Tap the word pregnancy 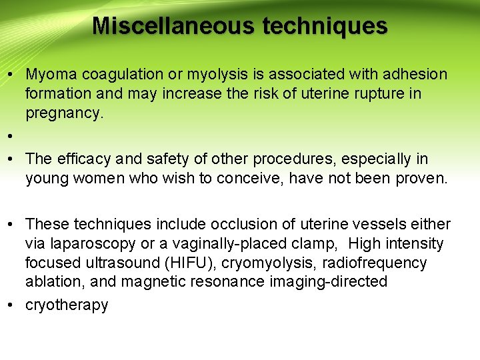pos(64,113)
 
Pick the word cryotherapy pos(67,305)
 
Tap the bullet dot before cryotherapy pos(11,305)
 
